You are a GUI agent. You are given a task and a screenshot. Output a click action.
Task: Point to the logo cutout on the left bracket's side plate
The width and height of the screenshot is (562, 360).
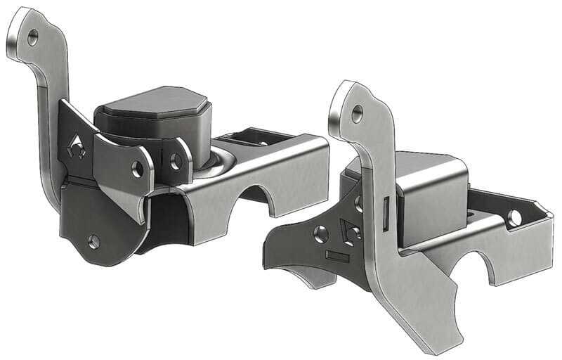[x=77, y=148]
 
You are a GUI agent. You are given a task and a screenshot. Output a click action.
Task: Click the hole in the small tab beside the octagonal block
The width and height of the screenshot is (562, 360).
[x=176, y=161]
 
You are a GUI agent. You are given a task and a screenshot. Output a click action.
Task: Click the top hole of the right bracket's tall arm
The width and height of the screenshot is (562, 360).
[x=357, y=111]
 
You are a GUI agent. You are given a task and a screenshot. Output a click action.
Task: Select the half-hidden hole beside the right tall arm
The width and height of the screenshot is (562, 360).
[x=359, y=204]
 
